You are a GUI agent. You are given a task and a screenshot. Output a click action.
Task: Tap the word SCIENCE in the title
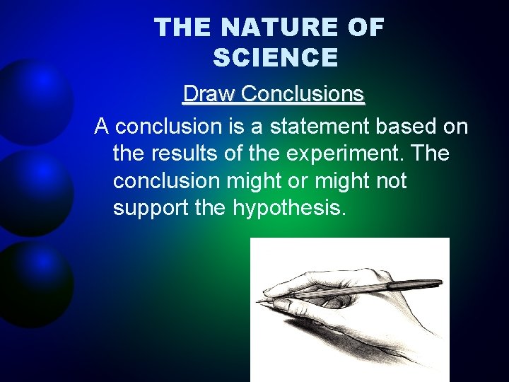click(275, 58)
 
